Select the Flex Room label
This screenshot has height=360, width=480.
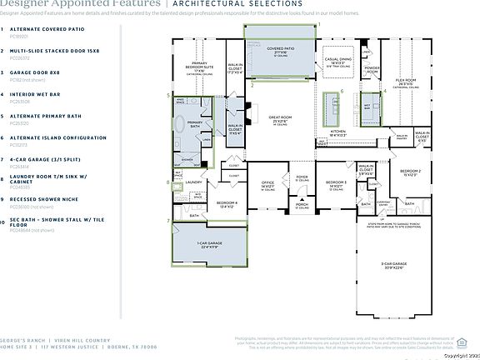[406, 82]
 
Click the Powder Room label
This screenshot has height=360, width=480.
[372, 67]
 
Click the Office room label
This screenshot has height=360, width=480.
[268, 182]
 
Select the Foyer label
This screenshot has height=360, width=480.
[302, 176]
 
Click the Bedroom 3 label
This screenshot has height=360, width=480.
[336, 182]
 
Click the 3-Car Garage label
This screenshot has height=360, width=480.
[394, 266]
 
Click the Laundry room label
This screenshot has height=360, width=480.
[194, 182]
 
